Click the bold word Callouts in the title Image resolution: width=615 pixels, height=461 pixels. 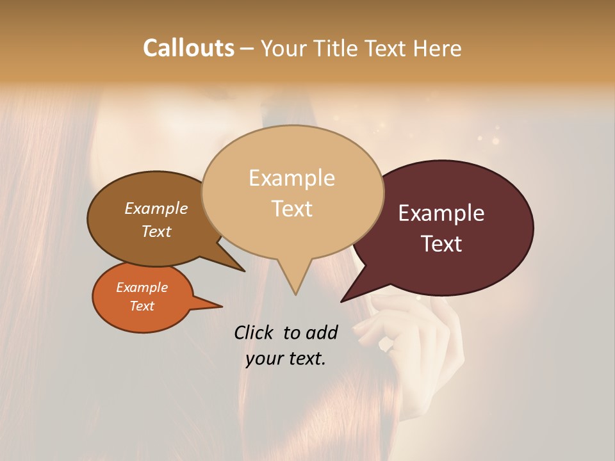tap(188, 48)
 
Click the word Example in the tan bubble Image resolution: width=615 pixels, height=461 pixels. tap(291, 178)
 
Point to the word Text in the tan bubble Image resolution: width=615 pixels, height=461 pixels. tap(291, 208)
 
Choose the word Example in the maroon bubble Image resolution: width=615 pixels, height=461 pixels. tap(441, 213)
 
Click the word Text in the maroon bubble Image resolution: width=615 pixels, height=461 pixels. tap(441, 243)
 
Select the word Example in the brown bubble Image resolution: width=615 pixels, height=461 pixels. tap(156, 208)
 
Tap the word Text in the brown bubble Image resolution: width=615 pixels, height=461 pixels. tap(156, 231)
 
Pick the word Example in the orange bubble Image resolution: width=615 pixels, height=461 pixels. tap(142, 287)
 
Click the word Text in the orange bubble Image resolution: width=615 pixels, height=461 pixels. tap(142, 306)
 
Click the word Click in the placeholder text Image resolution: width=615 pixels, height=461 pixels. tap(254, 332)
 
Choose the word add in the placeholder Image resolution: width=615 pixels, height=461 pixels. tap(322, 332)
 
